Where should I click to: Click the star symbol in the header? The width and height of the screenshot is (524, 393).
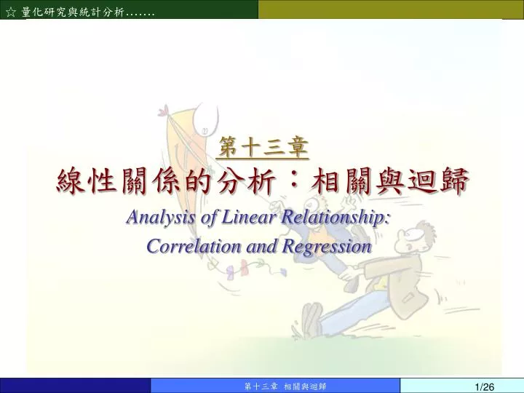click(11, 12)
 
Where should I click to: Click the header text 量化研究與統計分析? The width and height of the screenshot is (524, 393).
click(73, 12)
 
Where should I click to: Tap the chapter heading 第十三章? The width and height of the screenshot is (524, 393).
click(263, 147)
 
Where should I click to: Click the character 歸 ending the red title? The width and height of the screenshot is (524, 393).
click(454, 180)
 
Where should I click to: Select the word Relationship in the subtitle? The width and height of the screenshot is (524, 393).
click(335, 217)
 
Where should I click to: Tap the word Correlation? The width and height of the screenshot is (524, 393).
click(194, 246)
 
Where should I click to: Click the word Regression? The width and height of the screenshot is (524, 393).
click(327, 247)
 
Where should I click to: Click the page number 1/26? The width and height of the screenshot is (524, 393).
click(485, 387)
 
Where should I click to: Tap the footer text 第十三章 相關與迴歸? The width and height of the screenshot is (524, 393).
click(285, 386)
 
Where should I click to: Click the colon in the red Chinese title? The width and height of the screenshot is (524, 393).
click(293, 180)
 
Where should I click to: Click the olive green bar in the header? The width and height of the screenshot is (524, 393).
click(391, 9)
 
